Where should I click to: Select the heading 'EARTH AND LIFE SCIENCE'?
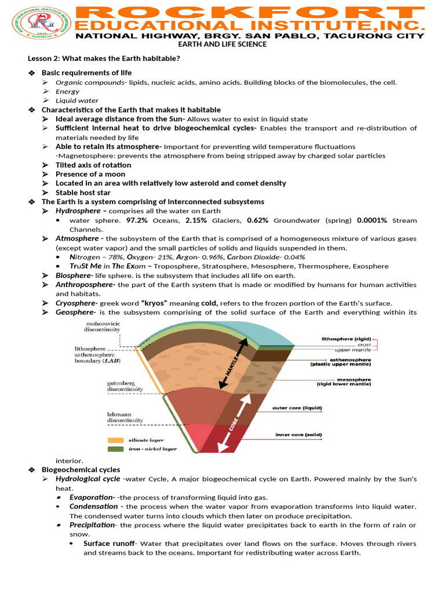pos(222,44)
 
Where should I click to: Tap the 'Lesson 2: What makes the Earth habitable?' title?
pos(104,59)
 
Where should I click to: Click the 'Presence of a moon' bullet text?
pos(90,174)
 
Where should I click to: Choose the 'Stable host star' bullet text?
pos(83,193)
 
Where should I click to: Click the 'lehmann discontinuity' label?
pos(125,417)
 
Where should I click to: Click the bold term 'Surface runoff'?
pos(109,544)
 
